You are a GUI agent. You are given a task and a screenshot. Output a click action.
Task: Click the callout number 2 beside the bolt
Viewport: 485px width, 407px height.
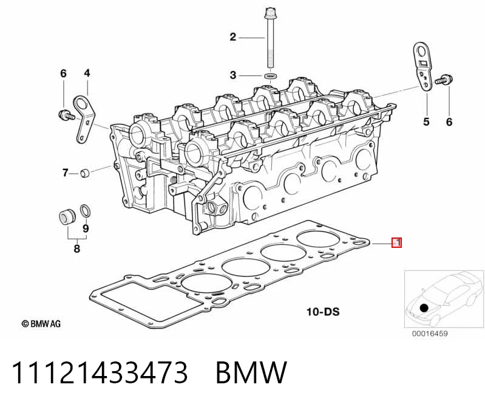[233, 37]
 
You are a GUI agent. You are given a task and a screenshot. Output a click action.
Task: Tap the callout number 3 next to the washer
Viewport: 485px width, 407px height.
[233, 75]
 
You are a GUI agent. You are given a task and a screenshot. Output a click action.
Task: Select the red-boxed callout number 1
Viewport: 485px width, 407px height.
[397, 242]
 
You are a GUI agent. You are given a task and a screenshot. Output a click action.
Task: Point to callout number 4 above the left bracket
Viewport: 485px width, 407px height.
[87, 74]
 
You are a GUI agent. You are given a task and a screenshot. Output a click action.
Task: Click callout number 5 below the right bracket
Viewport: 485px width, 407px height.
[427, 121]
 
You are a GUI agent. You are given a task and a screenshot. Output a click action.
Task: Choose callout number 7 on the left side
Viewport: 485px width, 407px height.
[66, 173]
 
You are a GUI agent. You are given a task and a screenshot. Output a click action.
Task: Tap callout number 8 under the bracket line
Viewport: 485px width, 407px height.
[76, 248]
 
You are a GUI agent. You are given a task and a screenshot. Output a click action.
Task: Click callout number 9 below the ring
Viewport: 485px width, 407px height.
[86, 228]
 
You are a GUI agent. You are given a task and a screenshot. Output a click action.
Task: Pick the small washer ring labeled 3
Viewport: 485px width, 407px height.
[270, 76]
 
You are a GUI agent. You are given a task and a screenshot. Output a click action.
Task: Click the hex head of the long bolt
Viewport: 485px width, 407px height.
[270, 13]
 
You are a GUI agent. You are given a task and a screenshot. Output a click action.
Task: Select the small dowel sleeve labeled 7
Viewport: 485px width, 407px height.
[85, 173]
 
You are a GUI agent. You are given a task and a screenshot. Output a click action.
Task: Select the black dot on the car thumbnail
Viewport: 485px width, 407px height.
[424, 308]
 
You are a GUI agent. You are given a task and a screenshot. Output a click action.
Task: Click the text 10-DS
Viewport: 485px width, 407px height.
[322, 312]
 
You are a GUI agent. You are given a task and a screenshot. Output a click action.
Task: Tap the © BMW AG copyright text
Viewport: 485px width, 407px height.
[41, 324]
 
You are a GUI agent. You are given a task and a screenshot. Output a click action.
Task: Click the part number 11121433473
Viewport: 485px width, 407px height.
[100, 372]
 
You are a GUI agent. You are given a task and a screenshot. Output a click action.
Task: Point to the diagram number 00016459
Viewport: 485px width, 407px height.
[430, 333]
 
